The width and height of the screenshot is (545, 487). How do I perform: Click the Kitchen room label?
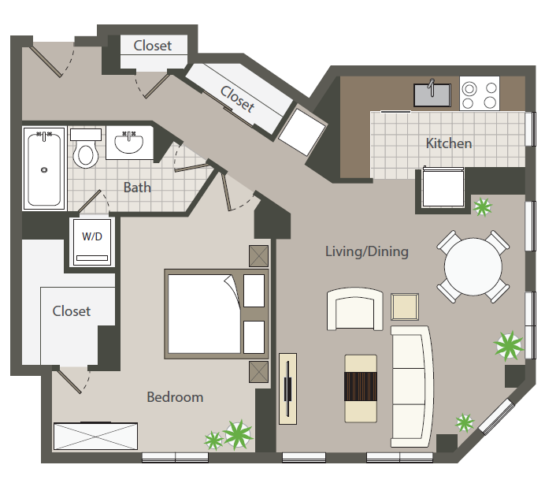click(x=449, y=143)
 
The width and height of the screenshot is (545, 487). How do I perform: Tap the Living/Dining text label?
click(x=367, y=251)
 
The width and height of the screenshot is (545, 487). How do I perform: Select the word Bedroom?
click(x=175, y=397)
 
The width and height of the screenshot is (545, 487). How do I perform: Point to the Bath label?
click(x=137, y=188)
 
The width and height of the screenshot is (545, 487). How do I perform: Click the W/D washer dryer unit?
click(x=92, y=242)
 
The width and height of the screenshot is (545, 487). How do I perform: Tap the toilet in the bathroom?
click(x=86, y=148)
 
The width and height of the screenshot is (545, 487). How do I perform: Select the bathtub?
click(x=44, y=169)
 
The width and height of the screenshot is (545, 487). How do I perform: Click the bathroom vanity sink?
click(x=129, y=143)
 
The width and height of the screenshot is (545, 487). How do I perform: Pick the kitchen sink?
click(x=432, y=95)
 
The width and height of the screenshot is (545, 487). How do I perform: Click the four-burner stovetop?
click(x=480, y=94)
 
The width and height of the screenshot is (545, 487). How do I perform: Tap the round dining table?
click(x=473, y=267)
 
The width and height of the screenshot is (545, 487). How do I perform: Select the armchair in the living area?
click(x=355, y=309)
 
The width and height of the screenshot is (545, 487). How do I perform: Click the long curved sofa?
click(x=412, y=386)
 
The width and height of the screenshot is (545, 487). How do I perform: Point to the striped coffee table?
click(x=361, y=388)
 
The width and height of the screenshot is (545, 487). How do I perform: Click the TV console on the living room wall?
click(x=287, y=389)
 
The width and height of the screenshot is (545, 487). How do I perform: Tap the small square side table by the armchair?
click(x=405, y=307)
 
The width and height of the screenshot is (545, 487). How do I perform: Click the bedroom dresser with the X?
click(x=95, y=437)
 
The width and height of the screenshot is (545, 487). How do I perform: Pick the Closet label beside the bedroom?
click(x=71, y=311)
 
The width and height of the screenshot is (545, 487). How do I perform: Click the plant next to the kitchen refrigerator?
click(x=483, y=207)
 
